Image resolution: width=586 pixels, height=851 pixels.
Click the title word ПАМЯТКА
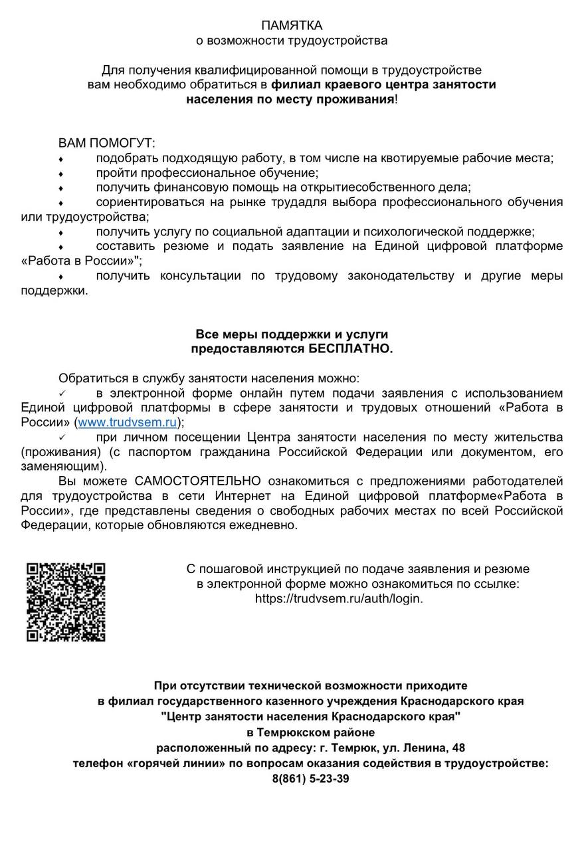[x=292, y=25]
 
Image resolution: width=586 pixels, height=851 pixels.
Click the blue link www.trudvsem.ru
[x=127, y=422]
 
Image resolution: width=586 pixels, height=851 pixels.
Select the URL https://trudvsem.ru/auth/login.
[x=339, y=598]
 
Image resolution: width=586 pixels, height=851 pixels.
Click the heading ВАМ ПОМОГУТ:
[x=106, y=143]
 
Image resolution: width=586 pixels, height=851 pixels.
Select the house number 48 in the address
[x=458, y=748]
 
